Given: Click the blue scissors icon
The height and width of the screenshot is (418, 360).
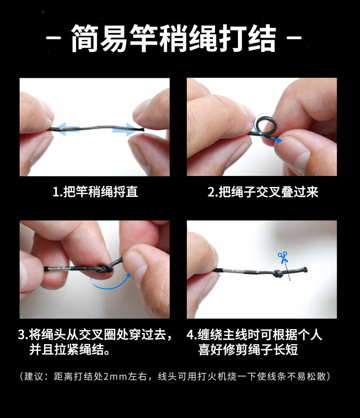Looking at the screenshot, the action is [x=283, y=257].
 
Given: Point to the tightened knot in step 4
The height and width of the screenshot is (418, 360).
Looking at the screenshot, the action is [x=278, y=273].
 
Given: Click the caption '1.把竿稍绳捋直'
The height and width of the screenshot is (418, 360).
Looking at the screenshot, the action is [x=95, y=191].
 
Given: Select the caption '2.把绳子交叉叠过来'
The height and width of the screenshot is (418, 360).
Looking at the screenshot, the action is [x=263, y=191].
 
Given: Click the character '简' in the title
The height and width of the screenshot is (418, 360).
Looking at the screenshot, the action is [x=85, y=38].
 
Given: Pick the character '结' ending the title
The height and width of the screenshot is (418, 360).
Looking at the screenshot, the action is [x=262, y=38].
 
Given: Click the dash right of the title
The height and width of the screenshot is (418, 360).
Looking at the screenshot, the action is [x=294, y=38].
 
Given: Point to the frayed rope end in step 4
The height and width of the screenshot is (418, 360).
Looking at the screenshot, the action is [x=305, y=269].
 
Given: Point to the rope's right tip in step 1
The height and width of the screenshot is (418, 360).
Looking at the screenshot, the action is [x=144, y=130].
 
